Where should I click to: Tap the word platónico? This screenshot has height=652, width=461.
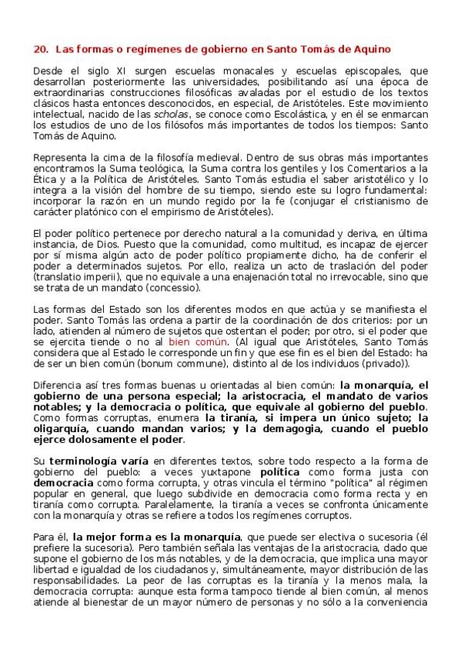(91, 210)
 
